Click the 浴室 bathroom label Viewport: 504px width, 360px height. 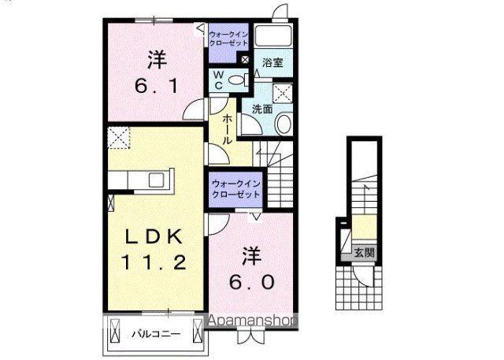click(x=272, y=62)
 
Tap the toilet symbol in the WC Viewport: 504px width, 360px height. click(x=239, y=80)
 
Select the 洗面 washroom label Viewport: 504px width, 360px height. click(x=262, y=109)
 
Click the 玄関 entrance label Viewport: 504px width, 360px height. click(x=364, y=253)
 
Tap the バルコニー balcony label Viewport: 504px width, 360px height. click(x=156, y=335)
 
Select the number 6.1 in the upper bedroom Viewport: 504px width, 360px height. click(x=157, y=86)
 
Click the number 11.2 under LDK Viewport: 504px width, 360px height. click(x=154, y=262)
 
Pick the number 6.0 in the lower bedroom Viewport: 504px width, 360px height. click(x=252, y=282)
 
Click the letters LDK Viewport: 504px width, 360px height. click(x=154, y=237)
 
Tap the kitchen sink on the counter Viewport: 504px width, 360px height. click(x=157, y=180)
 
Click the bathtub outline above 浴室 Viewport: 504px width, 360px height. click(x=273, y=35)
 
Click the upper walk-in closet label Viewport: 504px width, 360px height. click(x=228, y=39)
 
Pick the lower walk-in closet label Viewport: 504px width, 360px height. click(x=236, y=189)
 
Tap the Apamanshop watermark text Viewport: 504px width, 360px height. click(x=253, y=321)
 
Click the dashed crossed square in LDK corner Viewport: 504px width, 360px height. click(x=119, y=138)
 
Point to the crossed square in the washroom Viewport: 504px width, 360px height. click(x=282, y=94)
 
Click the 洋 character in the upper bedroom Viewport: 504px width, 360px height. click(x=157, y=60)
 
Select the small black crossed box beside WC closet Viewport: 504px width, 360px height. click(x=245, y=60)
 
